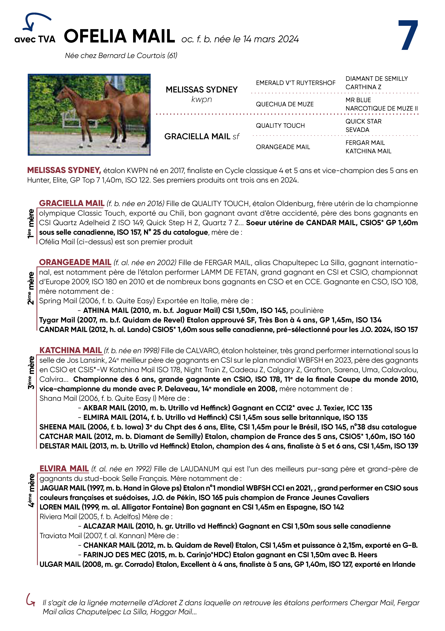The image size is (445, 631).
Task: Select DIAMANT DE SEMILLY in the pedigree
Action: click(x=376, y=79)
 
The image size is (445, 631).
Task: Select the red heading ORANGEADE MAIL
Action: click(x=75, y=262)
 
